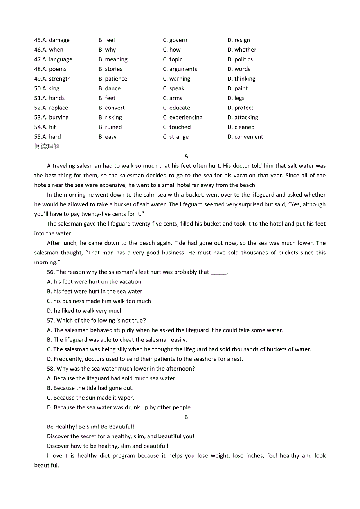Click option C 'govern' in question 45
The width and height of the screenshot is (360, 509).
(175, 40)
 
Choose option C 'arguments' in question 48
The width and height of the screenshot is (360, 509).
(180, 69)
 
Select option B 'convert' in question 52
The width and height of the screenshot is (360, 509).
(112, 108)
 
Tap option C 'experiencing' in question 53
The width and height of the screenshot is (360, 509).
(183, 118)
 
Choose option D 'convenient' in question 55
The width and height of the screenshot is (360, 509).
(245, 137)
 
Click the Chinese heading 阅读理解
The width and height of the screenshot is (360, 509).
(47, 147)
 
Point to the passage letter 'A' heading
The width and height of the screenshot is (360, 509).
(186, 156)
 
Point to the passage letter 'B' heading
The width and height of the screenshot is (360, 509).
(186, 417)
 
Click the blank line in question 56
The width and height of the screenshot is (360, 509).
(218, 272)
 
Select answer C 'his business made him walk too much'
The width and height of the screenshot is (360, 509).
(99, 301)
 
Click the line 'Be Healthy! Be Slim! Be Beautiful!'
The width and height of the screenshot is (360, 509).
(90, 427)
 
